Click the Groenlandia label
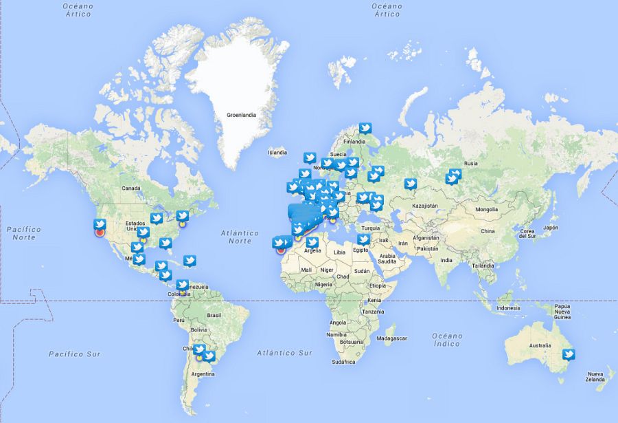click(x=241, y=115)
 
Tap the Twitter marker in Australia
click(x=568, y=354)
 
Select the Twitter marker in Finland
click(x=365, y=128)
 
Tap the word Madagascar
click(x=391, y=338)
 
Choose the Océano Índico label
click(x=447, y=340)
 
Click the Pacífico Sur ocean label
click(x=74, y=354)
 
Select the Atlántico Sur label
click(x=284, y=352)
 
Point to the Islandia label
click(x=277, y=152)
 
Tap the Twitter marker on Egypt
click(x=363, y=239)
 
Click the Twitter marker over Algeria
click(x=312, y=242)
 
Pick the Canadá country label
click(x=130, y=188)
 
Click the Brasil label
click(x=214, y=315)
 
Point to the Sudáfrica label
click(x=343, y=362)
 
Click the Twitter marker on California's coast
click(x=100, y=224)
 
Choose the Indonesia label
click(x=509, y=308)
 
